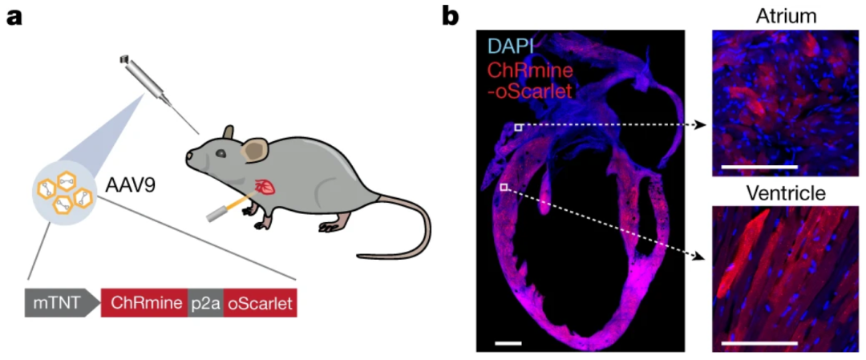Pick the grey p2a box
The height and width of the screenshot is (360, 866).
(x=205, y=304)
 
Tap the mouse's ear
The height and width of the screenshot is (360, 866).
(x=256, y=149)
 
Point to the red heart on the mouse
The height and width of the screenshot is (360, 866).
(x=264, y=189)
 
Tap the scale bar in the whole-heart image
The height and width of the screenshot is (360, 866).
(x=508, y=343)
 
